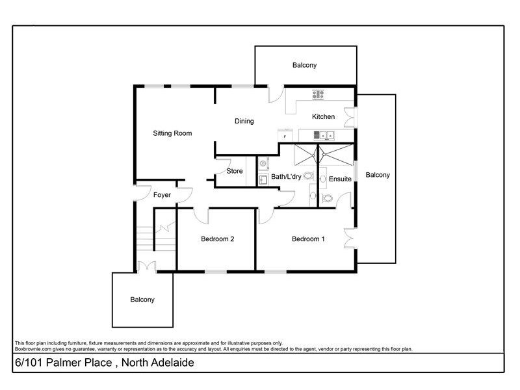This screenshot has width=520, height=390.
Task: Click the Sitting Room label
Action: [x=172, y=133]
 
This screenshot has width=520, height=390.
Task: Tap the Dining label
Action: [x=244, y=121]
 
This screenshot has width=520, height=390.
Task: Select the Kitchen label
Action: [x=323, y=116]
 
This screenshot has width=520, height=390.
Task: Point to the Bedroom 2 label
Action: [x=217, y=239]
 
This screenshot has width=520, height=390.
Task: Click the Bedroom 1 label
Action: [x=308, y=239]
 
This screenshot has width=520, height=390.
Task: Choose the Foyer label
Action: [x=162, y=195]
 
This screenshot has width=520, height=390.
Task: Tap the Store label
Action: [x=235, y=171]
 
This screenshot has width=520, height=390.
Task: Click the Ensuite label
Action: [x=340, y=179]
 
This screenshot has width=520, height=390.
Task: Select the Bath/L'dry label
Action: [x=286, y=177]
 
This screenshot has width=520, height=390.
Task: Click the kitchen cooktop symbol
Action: [x=318, y=94]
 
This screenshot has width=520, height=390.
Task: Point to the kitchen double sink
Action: [x=324, y=135]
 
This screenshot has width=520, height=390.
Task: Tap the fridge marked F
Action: [x=285, y=136]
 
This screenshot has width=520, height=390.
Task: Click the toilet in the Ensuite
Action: [x=327, y=199]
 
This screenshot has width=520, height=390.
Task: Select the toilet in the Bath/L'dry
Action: [x=309, y=175]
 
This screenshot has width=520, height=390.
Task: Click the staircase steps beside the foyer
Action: [x=155, y=238]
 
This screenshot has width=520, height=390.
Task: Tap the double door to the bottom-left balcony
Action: [x=147, y=267]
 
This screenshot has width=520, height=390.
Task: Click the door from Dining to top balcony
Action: [x=276, y=94]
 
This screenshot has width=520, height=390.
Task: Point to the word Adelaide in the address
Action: [x=172, y=363]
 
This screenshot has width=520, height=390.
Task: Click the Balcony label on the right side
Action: [x=378, y=175]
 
